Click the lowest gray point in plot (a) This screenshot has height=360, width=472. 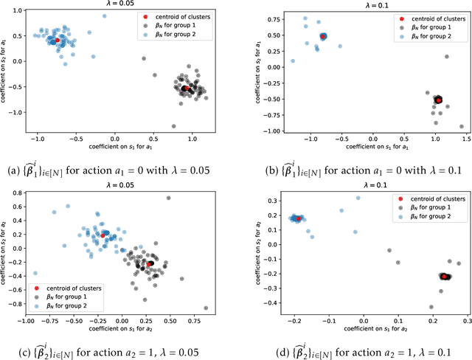click(173, 126)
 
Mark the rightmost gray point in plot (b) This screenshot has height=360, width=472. click(462, 126)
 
